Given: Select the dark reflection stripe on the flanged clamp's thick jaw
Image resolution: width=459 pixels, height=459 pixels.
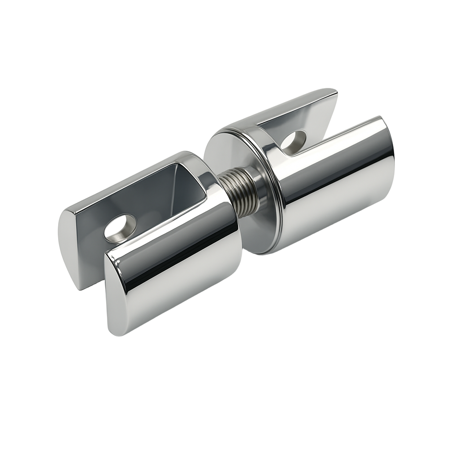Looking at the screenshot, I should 341,170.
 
